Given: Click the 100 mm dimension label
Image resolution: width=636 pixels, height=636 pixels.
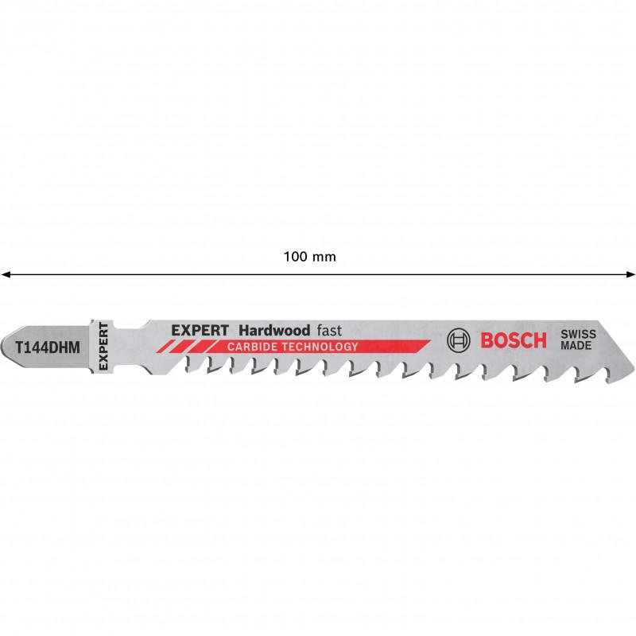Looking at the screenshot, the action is [x=309, y=257].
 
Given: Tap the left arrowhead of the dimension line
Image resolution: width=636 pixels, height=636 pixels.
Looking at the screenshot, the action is [x=5, y=274].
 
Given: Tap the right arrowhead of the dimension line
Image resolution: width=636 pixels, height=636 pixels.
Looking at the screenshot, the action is [x=630, y=274].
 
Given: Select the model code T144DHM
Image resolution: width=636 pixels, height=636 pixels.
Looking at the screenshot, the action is [x=48, y=347].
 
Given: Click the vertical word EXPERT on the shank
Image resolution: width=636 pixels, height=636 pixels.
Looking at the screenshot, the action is [x=103, y=347].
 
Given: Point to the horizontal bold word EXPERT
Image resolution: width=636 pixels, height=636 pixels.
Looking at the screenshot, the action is [x=200, y=331].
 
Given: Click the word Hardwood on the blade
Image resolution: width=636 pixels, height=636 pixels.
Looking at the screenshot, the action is [x=274, y=331].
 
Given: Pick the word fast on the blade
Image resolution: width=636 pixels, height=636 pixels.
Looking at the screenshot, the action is [x=329, y=331].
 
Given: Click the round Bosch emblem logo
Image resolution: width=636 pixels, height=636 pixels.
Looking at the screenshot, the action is [x=459, y=340].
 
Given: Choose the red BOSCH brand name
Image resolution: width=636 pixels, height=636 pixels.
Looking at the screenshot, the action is [x=514, y=340].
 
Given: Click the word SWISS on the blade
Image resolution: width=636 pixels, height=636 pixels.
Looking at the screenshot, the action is [x=579, y=334].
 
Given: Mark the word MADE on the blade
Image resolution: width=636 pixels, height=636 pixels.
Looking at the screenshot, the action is [x=576, y=346].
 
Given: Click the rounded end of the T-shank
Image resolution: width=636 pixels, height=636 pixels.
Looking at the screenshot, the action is [x=4, y=347].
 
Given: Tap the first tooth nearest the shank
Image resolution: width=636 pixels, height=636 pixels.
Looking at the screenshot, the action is [x=188, y=365].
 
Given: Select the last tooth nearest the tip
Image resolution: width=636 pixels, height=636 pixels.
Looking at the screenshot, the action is [x=607, y=375].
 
